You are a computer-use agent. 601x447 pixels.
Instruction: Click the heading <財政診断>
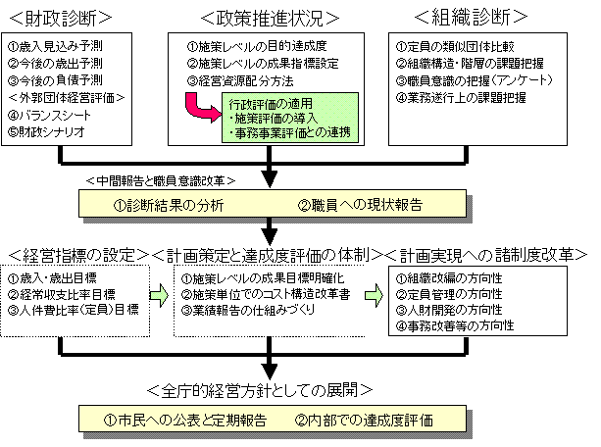pyautogui.click(x=61, y=18)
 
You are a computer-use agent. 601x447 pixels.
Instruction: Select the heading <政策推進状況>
pyautogui.click(x=270, y=18)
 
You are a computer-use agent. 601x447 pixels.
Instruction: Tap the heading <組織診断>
pyautogui.click(x=471, y=17)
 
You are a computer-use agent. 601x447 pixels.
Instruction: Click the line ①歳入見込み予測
pyautogui.click(x=55, y=46)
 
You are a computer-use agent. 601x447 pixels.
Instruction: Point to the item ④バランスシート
pyautogui.click(x=49, y=115)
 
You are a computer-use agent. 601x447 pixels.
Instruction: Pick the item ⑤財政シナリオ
pyautogui.click(x=46, y=132)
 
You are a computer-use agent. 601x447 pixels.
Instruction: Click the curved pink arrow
pyautogui.click(x=199, y=109)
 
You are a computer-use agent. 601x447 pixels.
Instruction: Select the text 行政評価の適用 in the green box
pyautogui.click(x=271, y=104)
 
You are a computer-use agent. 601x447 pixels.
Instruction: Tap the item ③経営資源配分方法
pyautogui.click(x=240, y=81)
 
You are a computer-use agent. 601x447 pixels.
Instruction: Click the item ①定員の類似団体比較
pyautogui.click(x=455, y=46)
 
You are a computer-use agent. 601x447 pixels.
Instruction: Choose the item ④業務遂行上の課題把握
pyautogui.click(x=461, y=98)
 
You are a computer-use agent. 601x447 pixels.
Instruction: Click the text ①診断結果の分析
pyautogui.click(x=169, y=206)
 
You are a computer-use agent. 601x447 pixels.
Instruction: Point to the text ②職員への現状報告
pyautogui.click(x=360, y=205)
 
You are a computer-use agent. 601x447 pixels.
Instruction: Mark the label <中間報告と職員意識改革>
pyautogui.click(x=161, y=180)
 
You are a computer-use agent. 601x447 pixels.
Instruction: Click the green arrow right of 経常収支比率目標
pyautogui.click(x=159, y=295)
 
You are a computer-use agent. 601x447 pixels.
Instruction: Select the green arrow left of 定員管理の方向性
pyautogui.click(x=375, y=295)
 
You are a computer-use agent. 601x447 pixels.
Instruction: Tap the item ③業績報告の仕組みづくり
pyautogui.click(x=248, y=310)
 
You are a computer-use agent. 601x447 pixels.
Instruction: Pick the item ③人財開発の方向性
pyautogui.click(x=449, y=310)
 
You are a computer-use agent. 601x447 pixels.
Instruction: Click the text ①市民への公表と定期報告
pyautogui.click(x=185, y=421)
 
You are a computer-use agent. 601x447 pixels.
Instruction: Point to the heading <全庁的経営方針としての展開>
pyautogui.click(x=260, y=390)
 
